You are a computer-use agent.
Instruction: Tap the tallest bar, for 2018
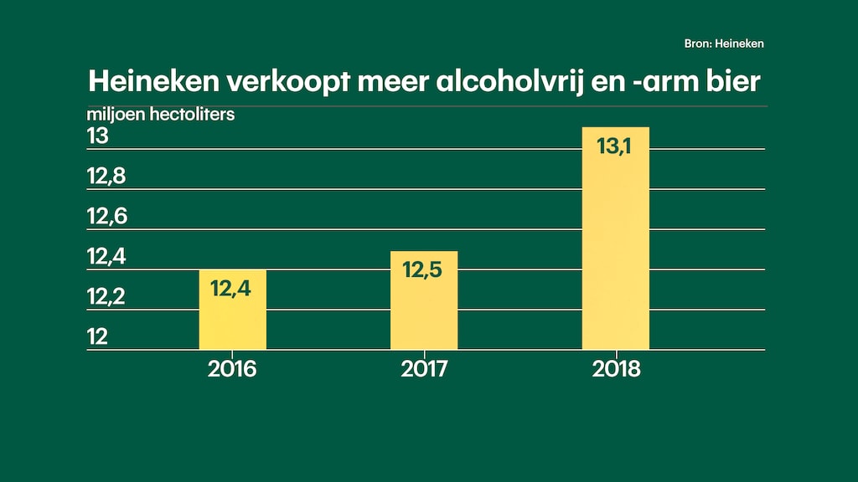click(616, 243)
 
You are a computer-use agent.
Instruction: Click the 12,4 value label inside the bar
click(230, 290)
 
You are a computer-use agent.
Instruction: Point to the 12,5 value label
click(423, 271)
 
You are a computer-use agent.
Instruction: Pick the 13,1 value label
click(616, 146)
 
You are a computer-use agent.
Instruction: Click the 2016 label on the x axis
click(232, 369)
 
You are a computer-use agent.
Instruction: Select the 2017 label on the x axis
click(424, 369)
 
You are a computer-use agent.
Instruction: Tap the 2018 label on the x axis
click(616, 369)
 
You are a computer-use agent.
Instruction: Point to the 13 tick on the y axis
click(98, 136)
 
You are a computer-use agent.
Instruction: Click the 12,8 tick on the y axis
click(107, 177)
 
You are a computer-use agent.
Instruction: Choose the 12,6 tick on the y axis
click(107, 217)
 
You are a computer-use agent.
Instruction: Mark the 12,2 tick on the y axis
click(107, 297)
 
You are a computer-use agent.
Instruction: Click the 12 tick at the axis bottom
click(98, 337)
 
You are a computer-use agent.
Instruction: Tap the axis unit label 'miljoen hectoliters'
click(161, 115)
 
